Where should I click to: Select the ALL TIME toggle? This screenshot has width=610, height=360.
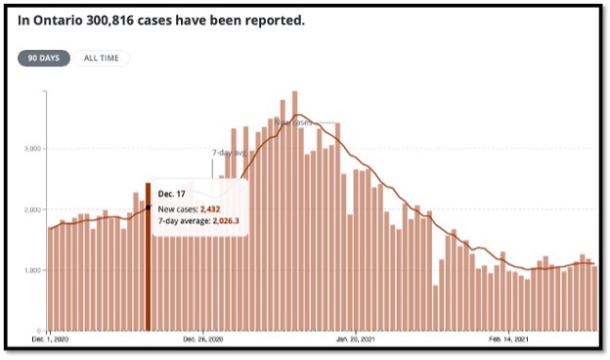coord(102,58)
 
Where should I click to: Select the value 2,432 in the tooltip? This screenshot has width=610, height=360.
coord(215,208)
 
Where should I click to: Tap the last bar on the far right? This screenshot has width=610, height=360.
coord(594,298)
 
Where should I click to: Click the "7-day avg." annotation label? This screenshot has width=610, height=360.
coord(229,153)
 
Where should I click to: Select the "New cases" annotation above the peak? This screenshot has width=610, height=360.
coord(292,122)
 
